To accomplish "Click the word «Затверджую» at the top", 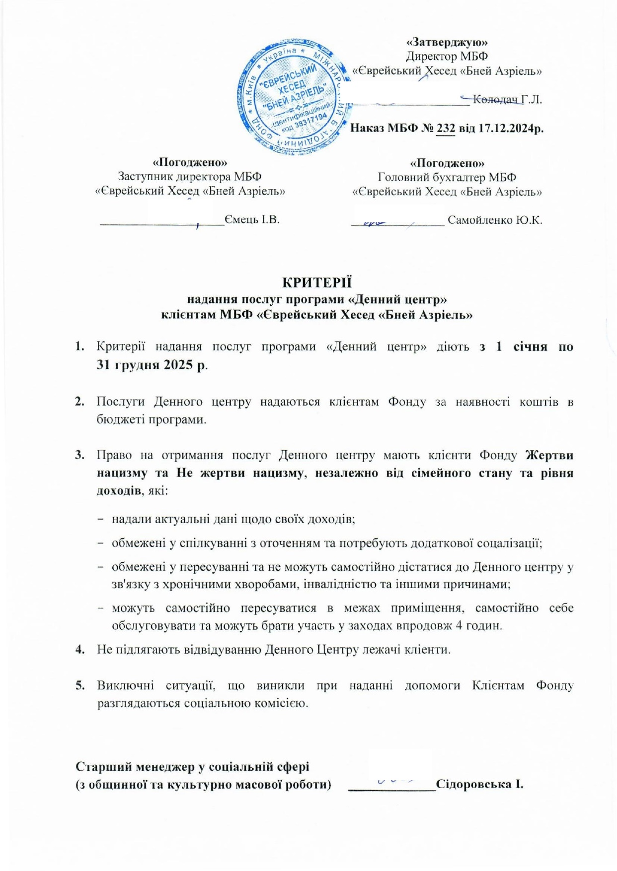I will (447, 42).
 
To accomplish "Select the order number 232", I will (446, 128).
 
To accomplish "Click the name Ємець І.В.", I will (252, 219).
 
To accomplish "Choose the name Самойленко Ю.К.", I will (494, 220).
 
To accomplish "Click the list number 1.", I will (79, 346).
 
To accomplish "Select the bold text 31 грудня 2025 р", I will (153, 365).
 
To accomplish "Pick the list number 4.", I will (79, 649).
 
